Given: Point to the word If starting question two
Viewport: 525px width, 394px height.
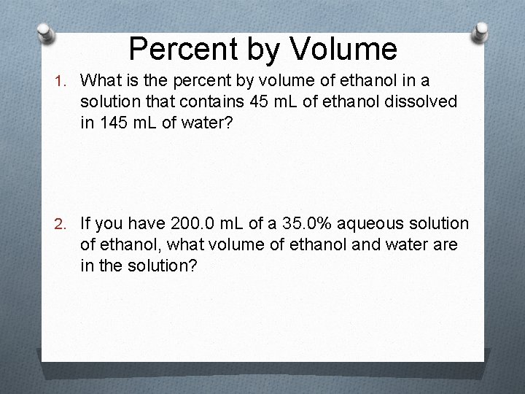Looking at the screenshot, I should (x=85, y=223).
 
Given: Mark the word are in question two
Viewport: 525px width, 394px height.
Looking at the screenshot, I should (x=446, y=244).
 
